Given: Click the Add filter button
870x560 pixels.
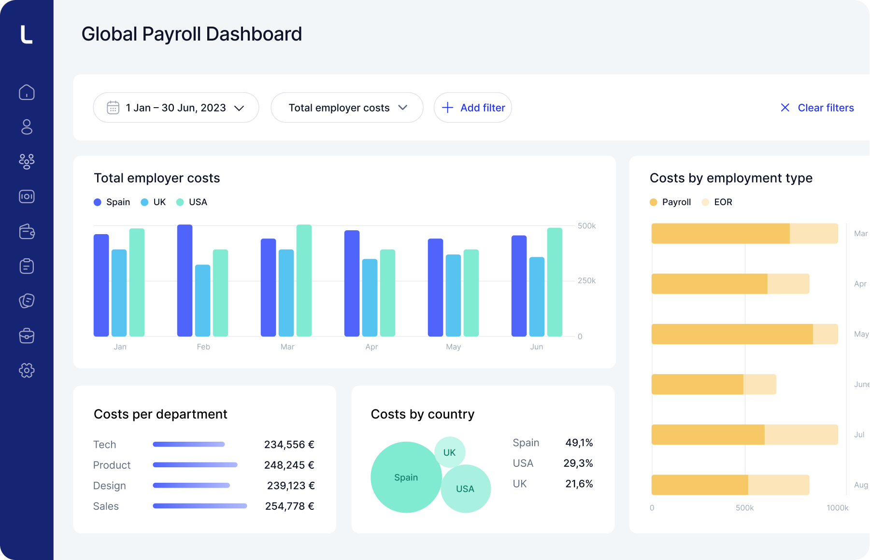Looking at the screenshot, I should point(473,108).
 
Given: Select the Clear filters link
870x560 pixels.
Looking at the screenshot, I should point(817,108).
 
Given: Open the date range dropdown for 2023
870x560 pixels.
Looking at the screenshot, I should point(176,108).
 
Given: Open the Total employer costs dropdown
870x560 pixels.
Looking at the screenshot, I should point(347,108).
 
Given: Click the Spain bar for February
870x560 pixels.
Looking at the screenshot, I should point(185,280).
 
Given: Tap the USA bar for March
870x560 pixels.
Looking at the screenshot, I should point(304,280).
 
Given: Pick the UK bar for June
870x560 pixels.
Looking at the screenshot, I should point(537,296).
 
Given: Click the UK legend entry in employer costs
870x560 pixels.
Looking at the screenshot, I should point(154,202).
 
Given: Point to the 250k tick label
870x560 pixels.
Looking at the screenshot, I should point(586,280).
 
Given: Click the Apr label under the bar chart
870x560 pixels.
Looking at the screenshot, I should point(371,347).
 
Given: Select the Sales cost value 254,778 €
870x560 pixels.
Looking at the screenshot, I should point(289,506).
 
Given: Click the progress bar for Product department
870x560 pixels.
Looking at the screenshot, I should point(195,465).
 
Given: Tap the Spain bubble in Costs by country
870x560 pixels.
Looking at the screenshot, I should point(406,477).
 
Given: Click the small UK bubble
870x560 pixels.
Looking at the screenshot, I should point(450,452).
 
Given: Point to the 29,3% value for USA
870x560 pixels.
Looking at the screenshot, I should point(578,463).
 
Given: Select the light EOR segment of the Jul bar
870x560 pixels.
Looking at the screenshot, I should point(801,434).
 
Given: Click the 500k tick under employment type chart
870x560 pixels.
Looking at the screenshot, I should point(744,508).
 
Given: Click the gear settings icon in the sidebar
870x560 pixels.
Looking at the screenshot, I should point(27,370).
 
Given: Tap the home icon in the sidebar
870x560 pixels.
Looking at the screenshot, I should point(27,92).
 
